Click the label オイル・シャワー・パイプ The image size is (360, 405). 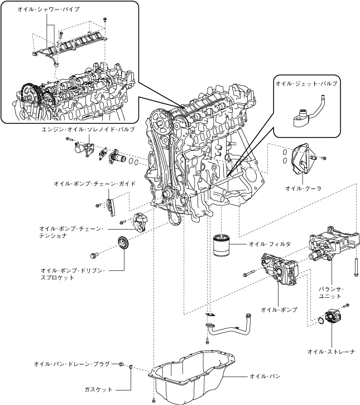tap(49, 9)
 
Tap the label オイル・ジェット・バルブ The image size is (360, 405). tap(306, 83)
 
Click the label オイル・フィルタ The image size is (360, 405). tap(270, 244)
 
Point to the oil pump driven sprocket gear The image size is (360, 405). tap(123, 244)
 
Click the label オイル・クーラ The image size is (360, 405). tap(303, 189)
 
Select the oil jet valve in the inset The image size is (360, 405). tap(307, 113)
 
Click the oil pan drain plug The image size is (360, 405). tap(121, 364)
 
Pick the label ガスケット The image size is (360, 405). tap(98, 389)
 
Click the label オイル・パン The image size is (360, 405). tap(265, 377)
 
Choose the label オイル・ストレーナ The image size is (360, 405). tap(331, 351)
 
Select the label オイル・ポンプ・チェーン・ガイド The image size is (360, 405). tap(94, 184)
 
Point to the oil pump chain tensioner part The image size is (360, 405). tap(140, 222)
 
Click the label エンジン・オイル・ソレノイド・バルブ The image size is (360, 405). tap(88, 130)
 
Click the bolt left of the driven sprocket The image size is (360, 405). tap(94, 256)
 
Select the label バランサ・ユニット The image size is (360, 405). tap(331, 293)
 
